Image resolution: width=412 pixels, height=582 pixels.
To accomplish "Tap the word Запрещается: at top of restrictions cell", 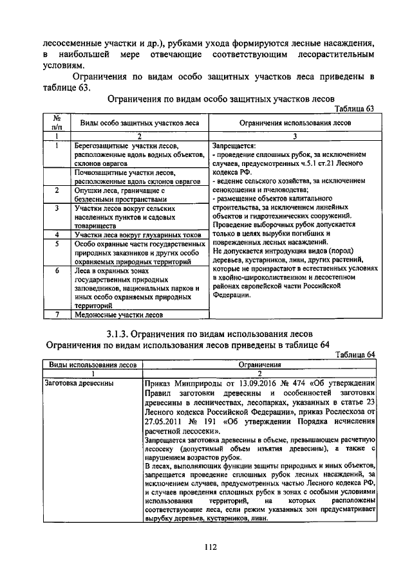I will [234, 146].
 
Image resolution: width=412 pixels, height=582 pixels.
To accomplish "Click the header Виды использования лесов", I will [92, 364].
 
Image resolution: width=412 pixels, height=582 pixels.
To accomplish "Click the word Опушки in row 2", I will [88, 191].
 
